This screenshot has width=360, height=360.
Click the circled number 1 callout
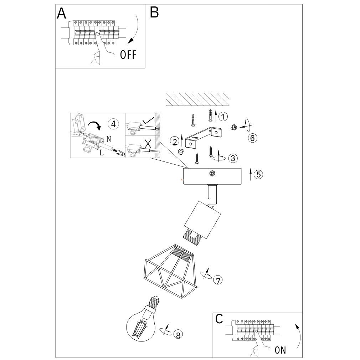tap(223, 117)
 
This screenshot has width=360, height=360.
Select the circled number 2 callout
tap(175, 142)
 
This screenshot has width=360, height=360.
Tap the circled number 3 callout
tap(233, 158)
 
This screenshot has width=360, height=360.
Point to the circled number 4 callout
tap(113, 124)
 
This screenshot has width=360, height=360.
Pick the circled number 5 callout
tap(258, 175)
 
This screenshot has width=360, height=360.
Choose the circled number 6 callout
tap(252, 138)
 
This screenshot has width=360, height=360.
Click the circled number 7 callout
tap(218, 280)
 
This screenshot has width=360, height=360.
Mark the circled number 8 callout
tap(178, 335)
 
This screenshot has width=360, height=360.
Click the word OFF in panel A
tap(128, 55)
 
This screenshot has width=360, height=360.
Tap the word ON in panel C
tap(280, 350)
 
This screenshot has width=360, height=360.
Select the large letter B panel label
tap(154, 12)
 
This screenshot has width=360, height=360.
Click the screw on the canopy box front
tap(212, 174)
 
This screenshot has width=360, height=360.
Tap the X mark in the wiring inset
tap(148, 143)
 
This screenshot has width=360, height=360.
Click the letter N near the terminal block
tap(109, 139)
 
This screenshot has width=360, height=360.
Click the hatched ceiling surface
tap(197, 100)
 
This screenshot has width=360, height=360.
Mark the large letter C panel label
tap(219, 319)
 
